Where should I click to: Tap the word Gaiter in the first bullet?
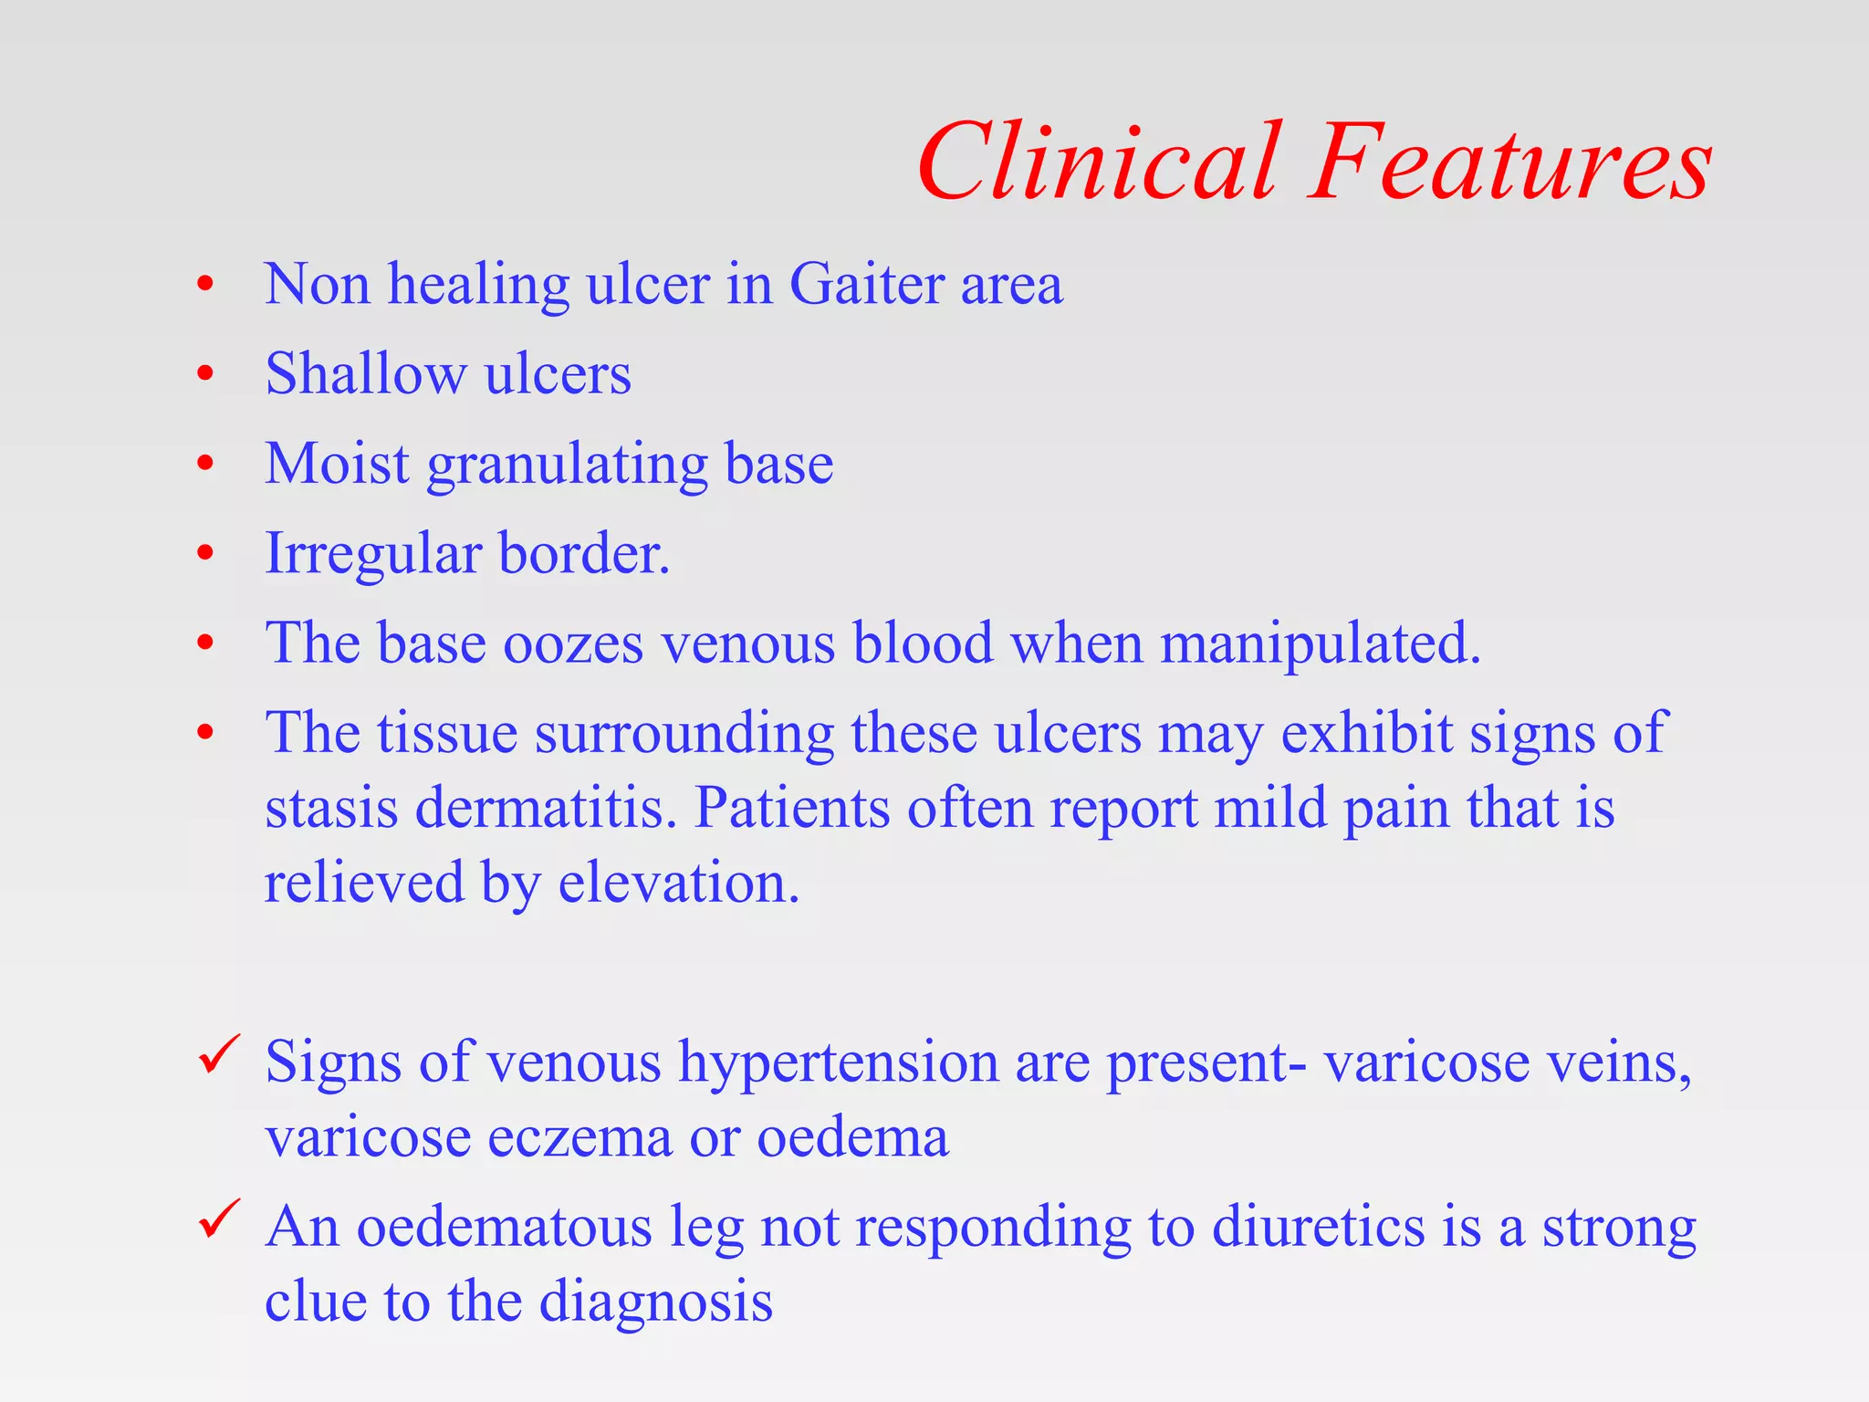[x=866, y=285]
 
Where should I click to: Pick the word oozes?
[x=573, y=643]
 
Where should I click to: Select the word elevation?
[x=679, y=884]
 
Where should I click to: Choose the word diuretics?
[x=1318, y=1227]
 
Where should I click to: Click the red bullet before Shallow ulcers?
[x=205, y=373]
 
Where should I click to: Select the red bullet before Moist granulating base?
[x=205, y=464]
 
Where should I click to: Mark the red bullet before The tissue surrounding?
[x=205, y=732]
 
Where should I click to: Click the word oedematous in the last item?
[x=504, y=1227]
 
